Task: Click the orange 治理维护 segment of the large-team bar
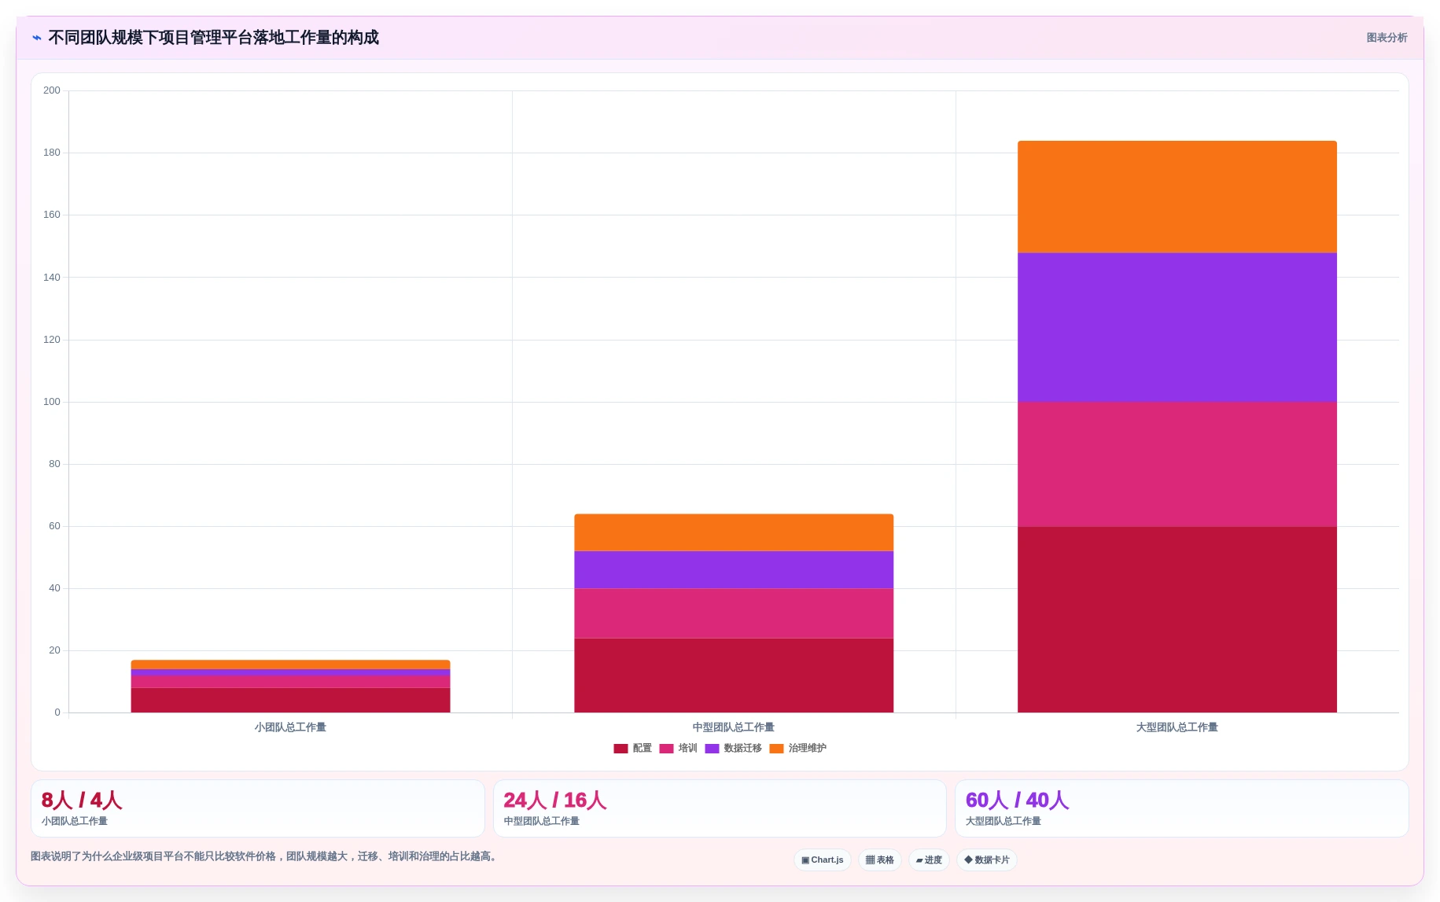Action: click(x=1177, y=197)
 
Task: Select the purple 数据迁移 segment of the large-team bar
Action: click(x=1177, y=327)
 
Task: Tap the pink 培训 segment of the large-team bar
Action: click(x=1177, y=464)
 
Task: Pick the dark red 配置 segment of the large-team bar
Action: click(x=1177, y=620)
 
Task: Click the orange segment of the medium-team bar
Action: click(x=734, y=532)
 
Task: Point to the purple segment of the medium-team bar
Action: click(x=734, y=569)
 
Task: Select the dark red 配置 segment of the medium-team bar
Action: click(x=734, y=675)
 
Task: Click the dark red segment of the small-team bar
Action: click(x=290, y=700)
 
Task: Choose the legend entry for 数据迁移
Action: click(x=734, y=749)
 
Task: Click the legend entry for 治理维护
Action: click(x=798, y=749)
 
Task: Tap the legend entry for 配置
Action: click(x=633, y=749)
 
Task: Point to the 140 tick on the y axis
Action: click(x=52, y=278)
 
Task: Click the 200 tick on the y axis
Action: click(x=52, y=90)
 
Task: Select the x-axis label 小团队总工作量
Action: click(x=290, y=727)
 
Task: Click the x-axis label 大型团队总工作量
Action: click(x=1177, y=727)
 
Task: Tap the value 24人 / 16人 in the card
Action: click(x=555, y=801)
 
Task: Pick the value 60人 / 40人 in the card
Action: click(x=1017, y=801)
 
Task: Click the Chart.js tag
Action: click(x=823, y=860)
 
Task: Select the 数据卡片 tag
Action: click(x=987, y=860)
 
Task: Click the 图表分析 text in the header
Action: click(x=1387, y=38)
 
